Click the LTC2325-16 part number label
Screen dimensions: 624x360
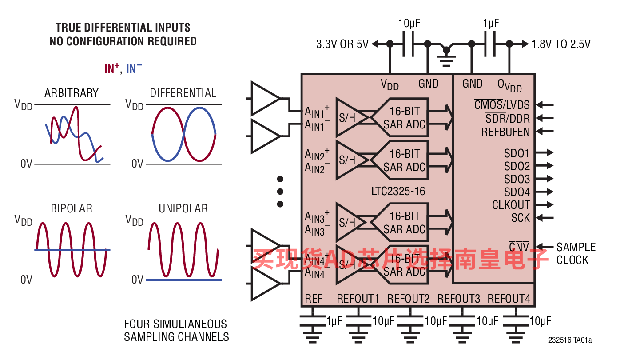[398, 191]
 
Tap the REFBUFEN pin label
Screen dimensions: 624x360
[505, 132]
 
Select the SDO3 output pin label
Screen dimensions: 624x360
[517, 179]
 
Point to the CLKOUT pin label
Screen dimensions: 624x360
[511, 205]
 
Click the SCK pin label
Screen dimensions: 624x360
[521, 218]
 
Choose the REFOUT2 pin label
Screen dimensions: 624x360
[408, 299]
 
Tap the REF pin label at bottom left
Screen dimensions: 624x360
[314, 299]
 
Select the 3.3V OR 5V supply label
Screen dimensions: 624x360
[342, 44]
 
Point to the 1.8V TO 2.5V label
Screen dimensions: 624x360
[561, 44]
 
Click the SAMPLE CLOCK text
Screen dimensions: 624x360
[576, 253]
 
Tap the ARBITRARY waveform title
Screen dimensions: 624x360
[72, 93]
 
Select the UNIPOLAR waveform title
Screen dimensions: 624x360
[183, 208]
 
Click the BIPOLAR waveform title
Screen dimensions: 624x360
[72, 208]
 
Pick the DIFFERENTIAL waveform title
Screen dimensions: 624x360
[183, 93]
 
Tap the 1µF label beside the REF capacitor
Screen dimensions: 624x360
[334, 321]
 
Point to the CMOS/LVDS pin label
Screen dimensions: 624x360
[502, 105]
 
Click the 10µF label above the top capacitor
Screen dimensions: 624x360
[409, 24]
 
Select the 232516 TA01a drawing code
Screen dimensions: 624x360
[570, 340]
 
